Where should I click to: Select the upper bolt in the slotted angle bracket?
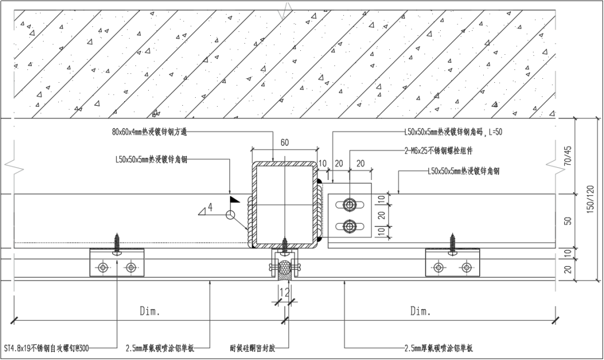tap(350, 205)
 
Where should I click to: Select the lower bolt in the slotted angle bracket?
tap(350, 226)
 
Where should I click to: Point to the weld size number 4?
tap(210, 207)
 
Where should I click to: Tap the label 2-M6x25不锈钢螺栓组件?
tap(438, 151)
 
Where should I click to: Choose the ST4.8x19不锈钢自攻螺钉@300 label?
tap(46, 348)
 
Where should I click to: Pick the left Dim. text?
tap(149, 311)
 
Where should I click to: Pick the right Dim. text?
tap(420, 311)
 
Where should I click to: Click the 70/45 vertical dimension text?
tap(568, 157)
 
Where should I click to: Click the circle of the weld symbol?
tap(230, 215)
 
